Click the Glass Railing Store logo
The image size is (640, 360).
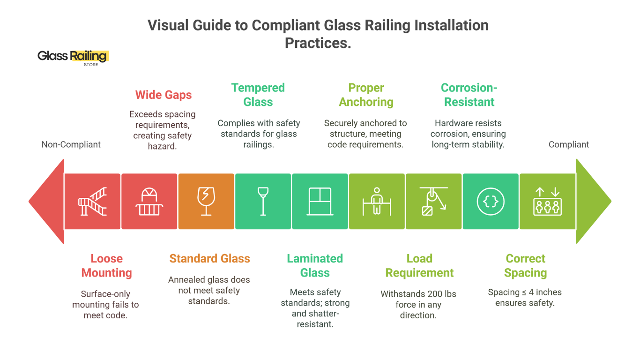pos(73,58)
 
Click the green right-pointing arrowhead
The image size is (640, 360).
pos(593,201)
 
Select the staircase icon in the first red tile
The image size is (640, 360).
pos(93,201)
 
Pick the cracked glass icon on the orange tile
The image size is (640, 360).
pos(206,201)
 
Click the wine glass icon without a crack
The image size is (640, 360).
pos(263,201)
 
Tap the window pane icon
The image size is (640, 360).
pos(320,201)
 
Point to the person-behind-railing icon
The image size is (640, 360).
pos(377,201)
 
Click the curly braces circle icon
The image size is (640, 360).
pos(491,201)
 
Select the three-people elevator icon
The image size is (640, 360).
pos(547,201)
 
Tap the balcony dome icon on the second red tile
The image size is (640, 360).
pos(149,201)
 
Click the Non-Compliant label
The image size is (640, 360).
pos(71,144)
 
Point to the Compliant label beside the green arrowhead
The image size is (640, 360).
pos(569,144)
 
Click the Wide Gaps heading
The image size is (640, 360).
pos(164,95)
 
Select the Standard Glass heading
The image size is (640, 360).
pos(210,258)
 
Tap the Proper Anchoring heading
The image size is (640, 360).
pos(366,95)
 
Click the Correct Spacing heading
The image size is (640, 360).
pos(525,266)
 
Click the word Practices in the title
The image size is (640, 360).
pos(318,43)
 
